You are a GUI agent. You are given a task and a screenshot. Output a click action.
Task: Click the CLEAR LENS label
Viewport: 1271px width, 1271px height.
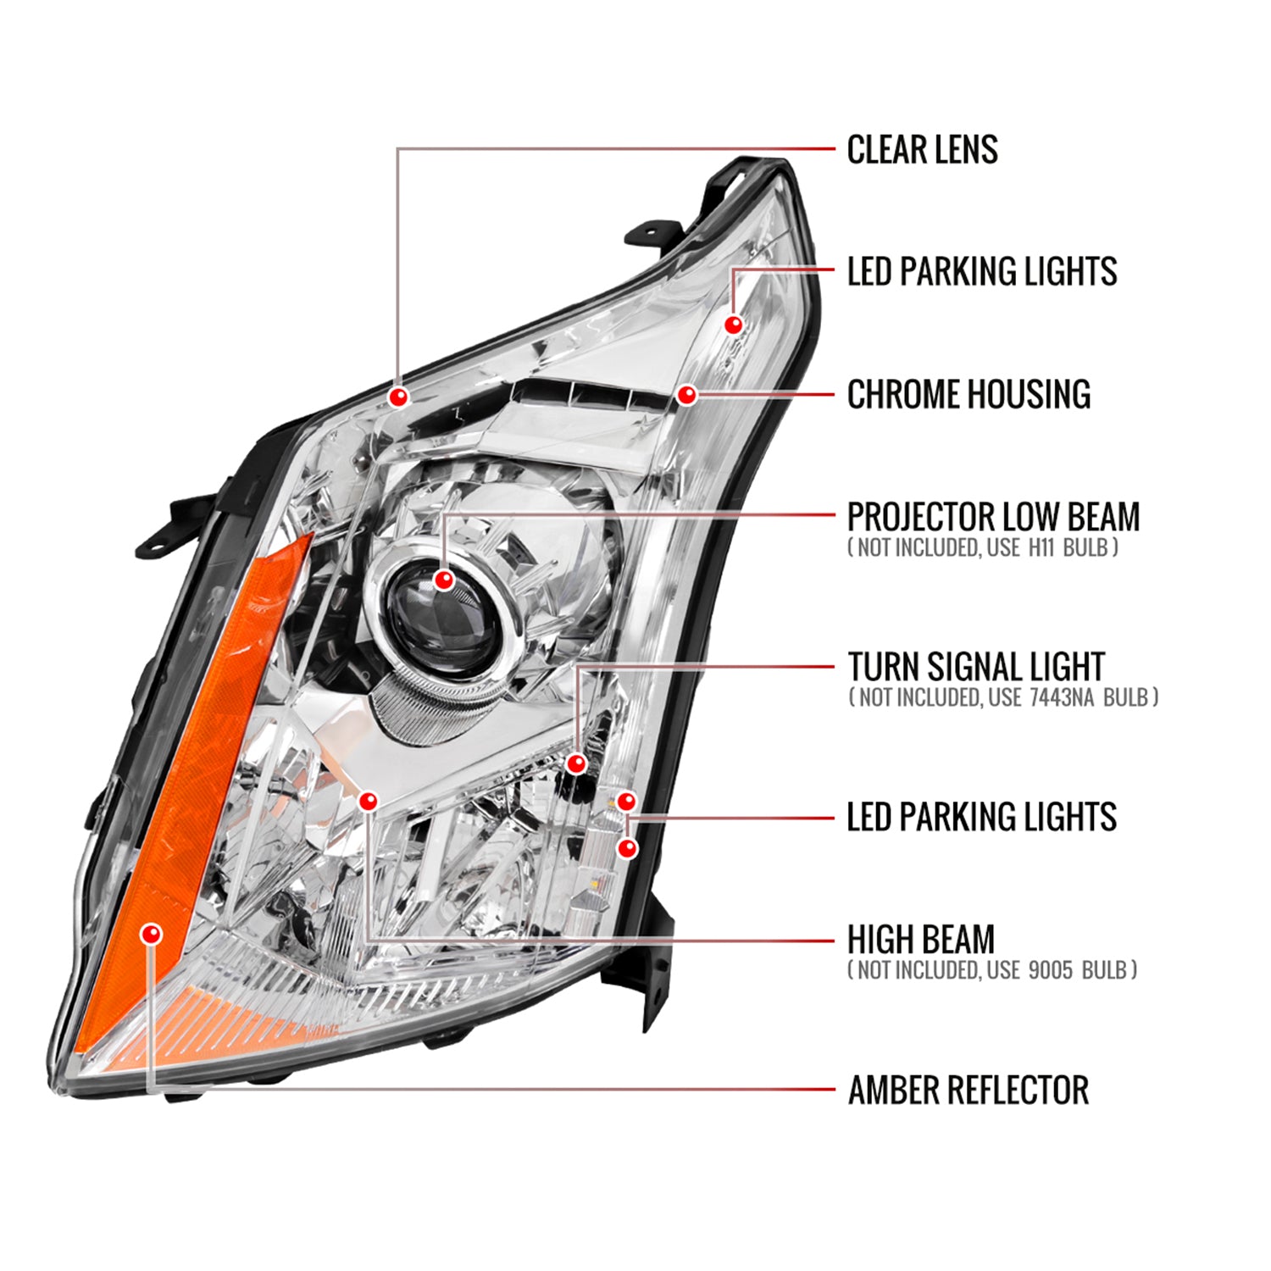(922, 150)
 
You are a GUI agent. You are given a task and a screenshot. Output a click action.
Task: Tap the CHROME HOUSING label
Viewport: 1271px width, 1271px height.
(969, 395)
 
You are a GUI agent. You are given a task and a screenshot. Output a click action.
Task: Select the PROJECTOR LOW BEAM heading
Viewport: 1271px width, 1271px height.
(993, 517)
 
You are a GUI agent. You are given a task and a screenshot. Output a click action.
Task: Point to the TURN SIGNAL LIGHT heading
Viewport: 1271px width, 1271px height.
(976, 668)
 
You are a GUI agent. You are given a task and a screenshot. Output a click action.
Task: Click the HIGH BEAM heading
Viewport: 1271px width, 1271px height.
(921, 940)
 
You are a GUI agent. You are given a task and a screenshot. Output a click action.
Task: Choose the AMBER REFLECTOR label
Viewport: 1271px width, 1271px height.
(968, 1091)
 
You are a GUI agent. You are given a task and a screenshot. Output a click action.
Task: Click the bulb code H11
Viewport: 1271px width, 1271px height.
(1041, 548)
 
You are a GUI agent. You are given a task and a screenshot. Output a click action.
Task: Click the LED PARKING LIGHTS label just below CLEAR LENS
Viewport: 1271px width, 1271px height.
(981, 272)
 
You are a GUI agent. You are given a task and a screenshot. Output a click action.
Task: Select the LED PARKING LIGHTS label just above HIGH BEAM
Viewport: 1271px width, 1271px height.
(981, 818)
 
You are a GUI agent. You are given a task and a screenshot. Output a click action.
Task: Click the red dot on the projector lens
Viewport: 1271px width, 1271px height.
(443, 580)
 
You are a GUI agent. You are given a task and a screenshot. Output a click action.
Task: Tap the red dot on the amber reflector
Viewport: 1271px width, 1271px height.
(153, 934)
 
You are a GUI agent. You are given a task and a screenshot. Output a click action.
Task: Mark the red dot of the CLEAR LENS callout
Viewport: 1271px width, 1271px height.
(398, 396)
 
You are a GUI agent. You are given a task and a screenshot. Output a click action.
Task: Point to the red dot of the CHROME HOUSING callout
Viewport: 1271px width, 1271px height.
(686, 395)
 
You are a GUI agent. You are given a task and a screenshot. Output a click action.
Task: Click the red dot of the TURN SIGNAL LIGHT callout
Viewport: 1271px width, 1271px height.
(576, 763)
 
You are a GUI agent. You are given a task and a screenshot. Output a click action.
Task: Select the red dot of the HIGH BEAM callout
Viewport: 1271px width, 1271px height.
(369, 801)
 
